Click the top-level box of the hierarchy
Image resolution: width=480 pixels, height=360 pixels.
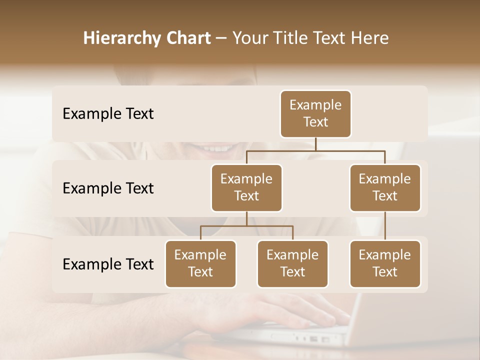click(x=315, y=113)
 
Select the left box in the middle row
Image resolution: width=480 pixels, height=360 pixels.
click(x=246, y=187)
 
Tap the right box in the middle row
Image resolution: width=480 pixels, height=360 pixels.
click(x=385, y=187)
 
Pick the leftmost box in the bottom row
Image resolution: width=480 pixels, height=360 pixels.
click(x=200, y=263)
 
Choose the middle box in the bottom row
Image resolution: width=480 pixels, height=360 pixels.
click(x=292, y=263)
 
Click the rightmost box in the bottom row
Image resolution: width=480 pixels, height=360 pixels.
click(x=385, y=263)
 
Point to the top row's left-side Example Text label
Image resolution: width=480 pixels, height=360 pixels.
click(x=108, y=114)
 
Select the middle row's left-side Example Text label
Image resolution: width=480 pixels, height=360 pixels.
click(x=108, y=188)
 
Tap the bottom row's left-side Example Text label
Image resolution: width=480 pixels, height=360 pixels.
click(x=108, y=264)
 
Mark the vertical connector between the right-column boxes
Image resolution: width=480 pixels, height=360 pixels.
click(x=385, y=226)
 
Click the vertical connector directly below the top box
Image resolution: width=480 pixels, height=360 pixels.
click(x=315, y=144)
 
